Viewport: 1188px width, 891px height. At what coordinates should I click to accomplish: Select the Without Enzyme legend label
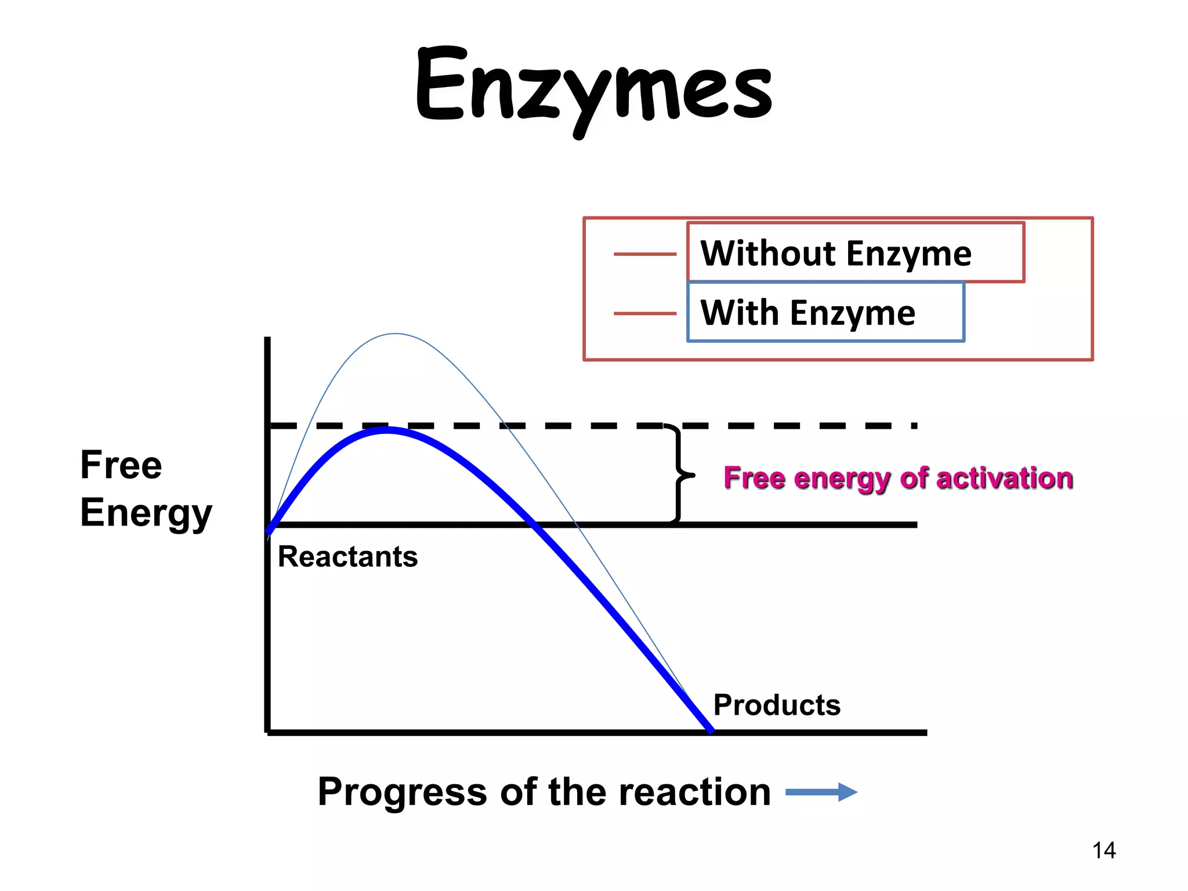tap(835, 253)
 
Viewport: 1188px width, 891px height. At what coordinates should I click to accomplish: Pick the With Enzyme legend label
tap(807, 313)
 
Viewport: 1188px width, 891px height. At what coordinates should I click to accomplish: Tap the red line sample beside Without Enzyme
tap(644, 254)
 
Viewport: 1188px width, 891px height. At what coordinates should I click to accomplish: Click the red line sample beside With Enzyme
tap(644, 313)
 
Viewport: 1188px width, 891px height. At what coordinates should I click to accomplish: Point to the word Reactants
tap(347, 557)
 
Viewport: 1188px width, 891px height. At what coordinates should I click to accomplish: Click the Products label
tap(777, 705)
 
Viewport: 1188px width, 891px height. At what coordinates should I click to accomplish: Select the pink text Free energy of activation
tap(898, 479)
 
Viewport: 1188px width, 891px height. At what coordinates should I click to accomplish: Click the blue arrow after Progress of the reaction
tap(821, 792)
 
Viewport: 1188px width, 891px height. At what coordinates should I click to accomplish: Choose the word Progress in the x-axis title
tap(402, 792)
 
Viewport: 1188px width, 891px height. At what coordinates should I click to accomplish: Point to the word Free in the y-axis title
tap(121, 465)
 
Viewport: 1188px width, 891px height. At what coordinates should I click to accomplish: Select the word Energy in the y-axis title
tap(146, 513)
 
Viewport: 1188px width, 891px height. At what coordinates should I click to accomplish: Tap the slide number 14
tap(1103, 850)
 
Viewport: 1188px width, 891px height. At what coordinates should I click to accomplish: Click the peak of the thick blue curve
tap(387, 430)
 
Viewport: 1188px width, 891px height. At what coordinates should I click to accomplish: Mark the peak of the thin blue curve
tap(395, 334)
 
